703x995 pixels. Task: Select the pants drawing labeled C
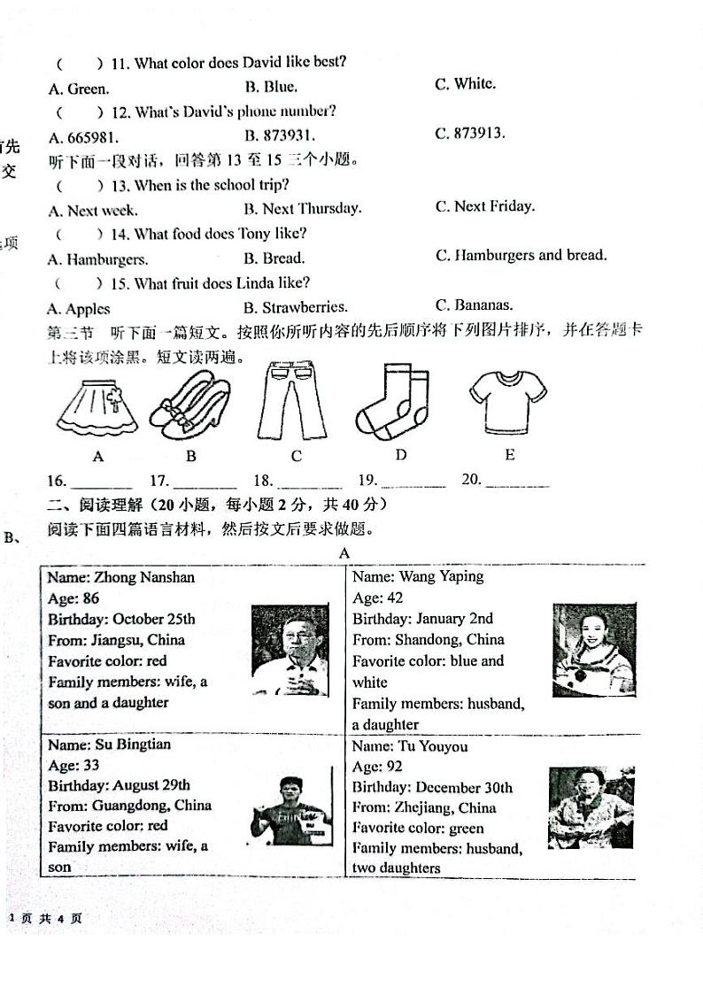point(285,403)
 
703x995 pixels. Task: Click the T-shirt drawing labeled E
point(507,401)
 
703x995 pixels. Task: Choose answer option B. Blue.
point(271,87)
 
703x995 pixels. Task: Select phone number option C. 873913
point(470,134)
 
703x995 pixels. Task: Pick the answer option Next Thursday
point(303,209)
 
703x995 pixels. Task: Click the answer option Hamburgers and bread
point(521,256)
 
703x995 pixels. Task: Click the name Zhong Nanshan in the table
point(121,578)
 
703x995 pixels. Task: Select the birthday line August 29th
point(119,785)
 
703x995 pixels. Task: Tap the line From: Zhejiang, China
point(424,807)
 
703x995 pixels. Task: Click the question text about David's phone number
point(223,112)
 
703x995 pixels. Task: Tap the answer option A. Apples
point(79,309)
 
